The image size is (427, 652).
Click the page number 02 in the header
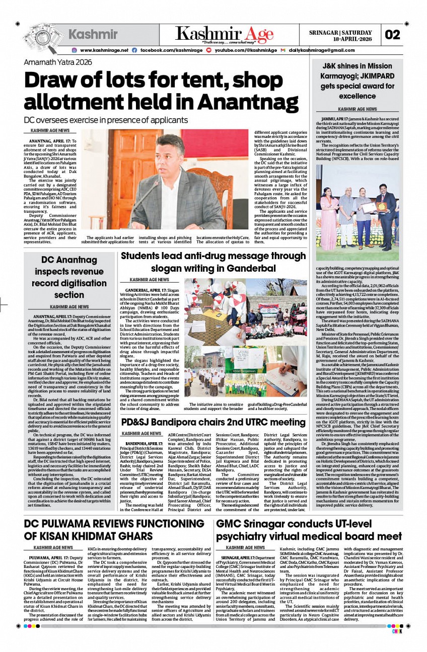pos(392,35)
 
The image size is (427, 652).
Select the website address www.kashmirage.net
pos(104,50)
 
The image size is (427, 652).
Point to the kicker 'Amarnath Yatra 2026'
pos(58,62)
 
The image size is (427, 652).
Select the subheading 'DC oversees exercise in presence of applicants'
pos(106,120)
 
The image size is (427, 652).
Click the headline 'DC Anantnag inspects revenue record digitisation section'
pos(69,277)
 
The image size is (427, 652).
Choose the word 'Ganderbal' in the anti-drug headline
pos(238,268)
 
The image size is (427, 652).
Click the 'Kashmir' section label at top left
pos(93,34)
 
